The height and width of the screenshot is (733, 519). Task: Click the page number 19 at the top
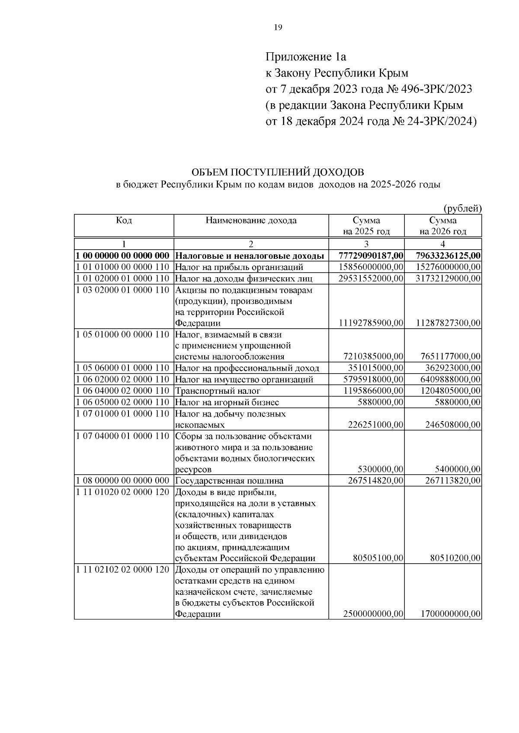pyautogui.click(x=278, y=28)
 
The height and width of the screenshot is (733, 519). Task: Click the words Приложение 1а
pyautogui.click(x=306, y=57)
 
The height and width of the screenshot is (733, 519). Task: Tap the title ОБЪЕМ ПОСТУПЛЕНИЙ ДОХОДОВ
pyautogui.click(x=278, y=172)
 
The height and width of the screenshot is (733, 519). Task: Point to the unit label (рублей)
pyautogui.click(x=462, y=209)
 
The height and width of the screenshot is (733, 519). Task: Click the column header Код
pyautogui.click(x=124, y=220)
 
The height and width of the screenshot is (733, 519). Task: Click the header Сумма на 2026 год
pyautogui.click(x=443, y=225)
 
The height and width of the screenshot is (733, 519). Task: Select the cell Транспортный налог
pyautogui.click(x=218, y=391)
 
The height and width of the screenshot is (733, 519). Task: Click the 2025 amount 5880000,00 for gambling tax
pyautogui.click(x=381, y=402)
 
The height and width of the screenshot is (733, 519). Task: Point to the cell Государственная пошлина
pyautogui.click(x=229, y=481)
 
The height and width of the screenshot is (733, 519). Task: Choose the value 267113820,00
pyautogui.click(x=453, y=481)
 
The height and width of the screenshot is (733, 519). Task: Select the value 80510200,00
pyautogui.click(x=455, y=558)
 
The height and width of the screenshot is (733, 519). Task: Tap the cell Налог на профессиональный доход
pyautogui.click(x=247, y=368)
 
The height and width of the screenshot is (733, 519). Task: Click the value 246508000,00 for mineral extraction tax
pyautogui.click(x=453, y=425)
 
